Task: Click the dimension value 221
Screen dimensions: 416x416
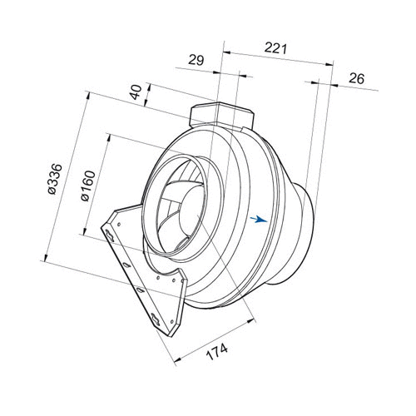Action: point(275,47)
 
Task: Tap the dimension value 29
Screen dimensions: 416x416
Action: point(196,60)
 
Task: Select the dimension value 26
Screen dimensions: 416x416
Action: point(356,78)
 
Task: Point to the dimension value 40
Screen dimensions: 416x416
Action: point(136,92)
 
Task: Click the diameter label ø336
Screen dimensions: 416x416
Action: point(54,179)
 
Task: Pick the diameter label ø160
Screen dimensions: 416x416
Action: point(88,186)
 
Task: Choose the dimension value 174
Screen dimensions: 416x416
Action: point(217,352)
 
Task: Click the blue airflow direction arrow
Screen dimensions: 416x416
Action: point(259,220)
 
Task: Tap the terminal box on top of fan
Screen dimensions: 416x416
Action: point(221,116)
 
